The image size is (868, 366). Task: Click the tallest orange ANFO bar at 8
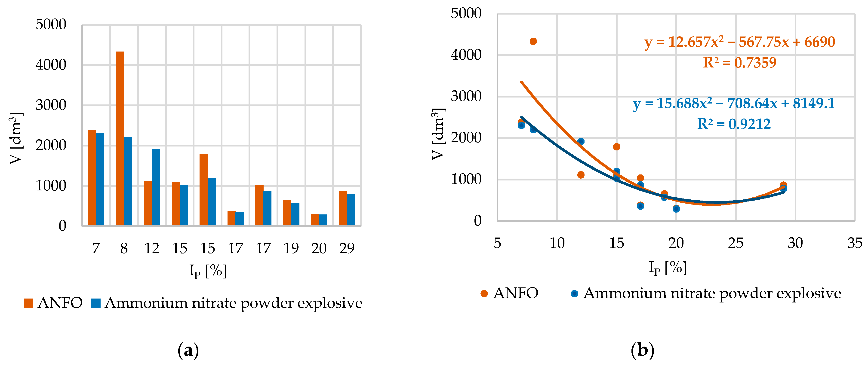click(120, 138)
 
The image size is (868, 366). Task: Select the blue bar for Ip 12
click(156, 187)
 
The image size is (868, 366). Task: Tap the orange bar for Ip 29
click(343, 208)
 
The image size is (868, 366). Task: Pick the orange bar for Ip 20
click(315, 220)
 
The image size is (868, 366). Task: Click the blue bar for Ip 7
click(100, 179)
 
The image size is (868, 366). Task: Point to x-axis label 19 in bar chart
click(291, 248)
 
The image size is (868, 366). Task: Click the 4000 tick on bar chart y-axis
click(51, 65)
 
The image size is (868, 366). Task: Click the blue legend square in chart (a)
click(96, 303)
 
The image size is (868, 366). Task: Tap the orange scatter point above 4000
click(533, 41)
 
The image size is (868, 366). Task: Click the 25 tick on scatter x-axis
click(735, 243)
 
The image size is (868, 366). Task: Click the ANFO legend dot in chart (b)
click(484, 294)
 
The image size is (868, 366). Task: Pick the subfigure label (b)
click(642, 351)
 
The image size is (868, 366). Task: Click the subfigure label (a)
click(188, 351)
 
